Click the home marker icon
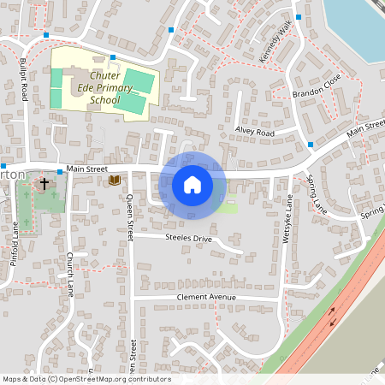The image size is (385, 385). pos(192,184)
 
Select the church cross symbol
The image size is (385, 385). pos(44,184)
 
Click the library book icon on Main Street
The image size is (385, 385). pos(114,180)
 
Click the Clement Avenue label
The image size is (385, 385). pos(204,298)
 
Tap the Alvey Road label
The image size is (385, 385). pos(254,133)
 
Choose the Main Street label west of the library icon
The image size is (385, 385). pos(83,169)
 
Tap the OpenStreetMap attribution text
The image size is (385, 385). pos(86,379)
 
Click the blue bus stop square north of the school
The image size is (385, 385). pos(113,56)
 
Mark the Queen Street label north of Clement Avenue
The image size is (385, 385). pos(130,218)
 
